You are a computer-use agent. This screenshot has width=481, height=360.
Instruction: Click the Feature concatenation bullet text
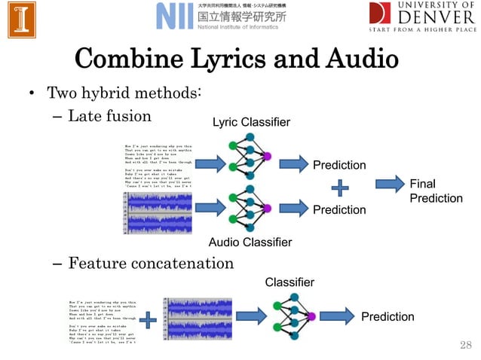click(x=151, y=263)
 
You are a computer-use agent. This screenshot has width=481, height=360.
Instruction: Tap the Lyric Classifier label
click(x=250, y=122)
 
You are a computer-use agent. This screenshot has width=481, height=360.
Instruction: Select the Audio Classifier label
click(x=250, y=242)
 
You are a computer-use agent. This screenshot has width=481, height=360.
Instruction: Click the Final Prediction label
click(x=435, y=191)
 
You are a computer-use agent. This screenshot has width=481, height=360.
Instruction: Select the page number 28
click(x=464, y=345)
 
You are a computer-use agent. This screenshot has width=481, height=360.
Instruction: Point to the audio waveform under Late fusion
click(x=159, y=212)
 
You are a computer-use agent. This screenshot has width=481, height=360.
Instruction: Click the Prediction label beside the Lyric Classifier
click(x=339, y=165)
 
